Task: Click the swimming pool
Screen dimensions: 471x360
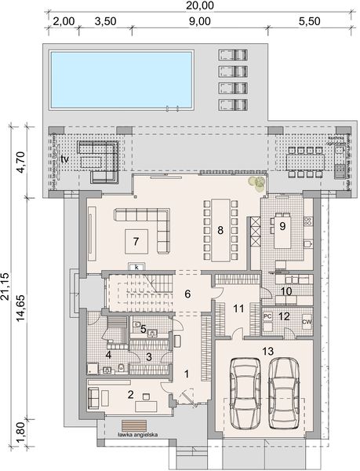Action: pyautogui.click(x=121, y=78)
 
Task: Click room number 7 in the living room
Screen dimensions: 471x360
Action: pyautogui.click(x=136, y=239)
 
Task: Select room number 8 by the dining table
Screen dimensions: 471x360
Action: pyautogui.click(x=221, y=231)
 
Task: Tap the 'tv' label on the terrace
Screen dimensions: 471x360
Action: pyautogui.click(x=65, y=159)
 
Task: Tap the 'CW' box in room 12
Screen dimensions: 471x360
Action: pyautogui.click(x=306, y=321)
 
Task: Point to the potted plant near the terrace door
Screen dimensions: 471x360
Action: pyautogui.click(x=256, y=184)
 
